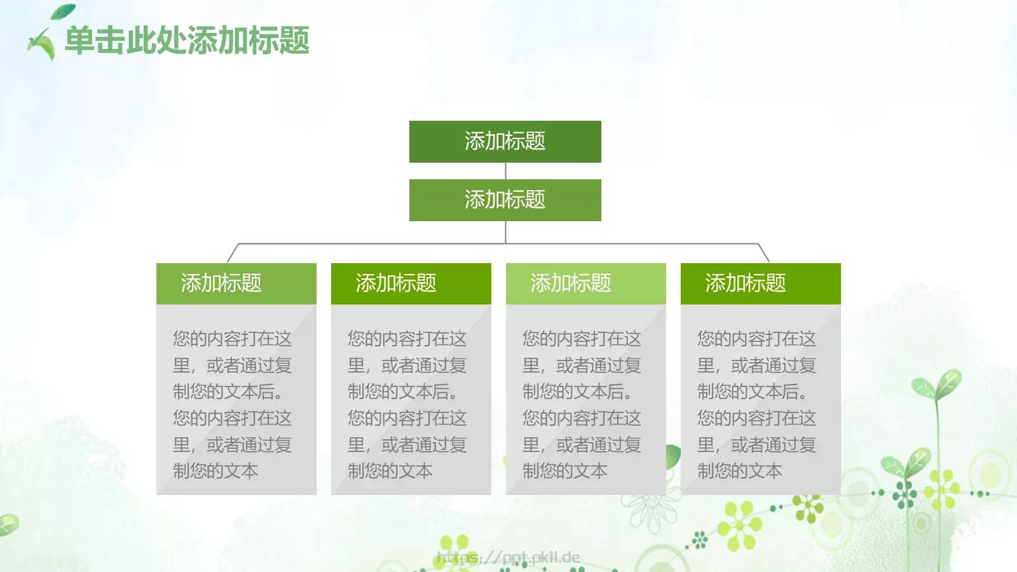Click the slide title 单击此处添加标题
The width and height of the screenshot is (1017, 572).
pos(187,41)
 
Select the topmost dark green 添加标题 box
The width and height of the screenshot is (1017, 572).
pos(505,141)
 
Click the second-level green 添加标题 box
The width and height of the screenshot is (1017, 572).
pos(505,200)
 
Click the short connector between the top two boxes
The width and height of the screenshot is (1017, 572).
pos(505,171)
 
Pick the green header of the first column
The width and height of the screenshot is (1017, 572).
pos(236,283)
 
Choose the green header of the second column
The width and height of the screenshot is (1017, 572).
pos(411,283)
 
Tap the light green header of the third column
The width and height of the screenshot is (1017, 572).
pos(585,283)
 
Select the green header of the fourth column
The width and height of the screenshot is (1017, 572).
pos(760,283)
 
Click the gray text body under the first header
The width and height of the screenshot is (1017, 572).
pos(236,404)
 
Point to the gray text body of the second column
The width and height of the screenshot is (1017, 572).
pos(411,404)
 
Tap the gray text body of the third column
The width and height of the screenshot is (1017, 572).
pos(585,404)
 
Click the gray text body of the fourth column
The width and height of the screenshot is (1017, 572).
pos(760,404)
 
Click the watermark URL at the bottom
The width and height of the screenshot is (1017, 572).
pos(508,558)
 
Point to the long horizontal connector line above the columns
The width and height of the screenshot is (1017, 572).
pos(381,243)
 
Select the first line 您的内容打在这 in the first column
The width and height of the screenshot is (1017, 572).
pos(232,339)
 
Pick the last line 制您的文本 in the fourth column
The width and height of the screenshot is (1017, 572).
pos(739,471)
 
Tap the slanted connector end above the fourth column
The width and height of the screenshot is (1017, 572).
pos(764,253)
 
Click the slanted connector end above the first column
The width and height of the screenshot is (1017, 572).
pos(233,253)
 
